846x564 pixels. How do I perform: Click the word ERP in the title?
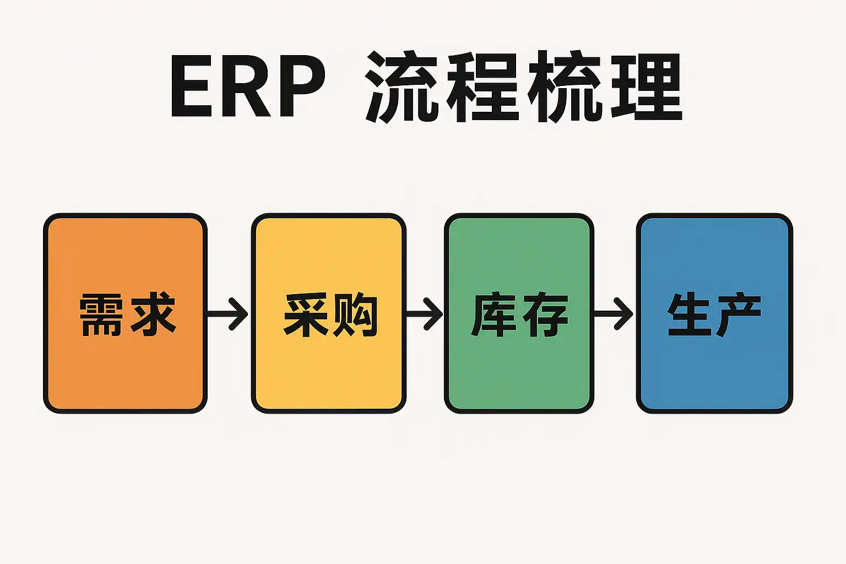[248, 86]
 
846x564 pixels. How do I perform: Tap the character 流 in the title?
[402, 86]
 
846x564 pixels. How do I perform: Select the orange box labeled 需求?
[126, 364]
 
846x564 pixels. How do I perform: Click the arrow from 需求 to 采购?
[228, 314]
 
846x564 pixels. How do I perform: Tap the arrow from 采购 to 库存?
[424, 314]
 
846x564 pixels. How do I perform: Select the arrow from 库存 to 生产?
[614, 314]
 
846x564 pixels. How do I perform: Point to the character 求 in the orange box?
[153, 314]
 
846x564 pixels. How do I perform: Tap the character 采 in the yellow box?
[306, 314]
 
